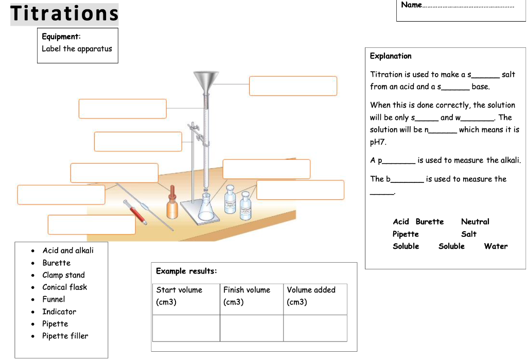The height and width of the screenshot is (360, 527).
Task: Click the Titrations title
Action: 64,14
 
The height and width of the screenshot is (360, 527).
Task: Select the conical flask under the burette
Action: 206,207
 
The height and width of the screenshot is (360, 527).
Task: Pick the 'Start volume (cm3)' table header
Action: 179,296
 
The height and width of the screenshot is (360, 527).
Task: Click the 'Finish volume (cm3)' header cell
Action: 247,296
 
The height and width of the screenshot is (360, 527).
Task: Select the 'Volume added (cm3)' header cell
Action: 311,296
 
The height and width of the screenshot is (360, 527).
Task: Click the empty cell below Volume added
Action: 315,328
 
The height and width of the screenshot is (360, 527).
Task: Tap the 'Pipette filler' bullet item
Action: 65,336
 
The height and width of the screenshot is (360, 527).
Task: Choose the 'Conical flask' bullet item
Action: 64,287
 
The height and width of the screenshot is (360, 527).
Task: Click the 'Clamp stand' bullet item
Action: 63,275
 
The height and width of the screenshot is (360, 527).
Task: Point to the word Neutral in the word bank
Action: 475,221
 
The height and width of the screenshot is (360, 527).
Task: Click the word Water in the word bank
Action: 496,246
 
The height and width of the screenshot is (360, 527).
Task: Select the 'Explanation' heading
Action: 391,56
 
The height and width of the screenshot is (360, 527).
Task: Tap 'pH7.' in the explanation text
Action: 378,142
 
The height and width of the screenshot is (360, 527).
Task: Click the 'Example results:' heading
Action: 186,271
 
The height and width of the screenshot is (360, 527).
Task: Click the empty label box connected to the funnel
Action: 293,86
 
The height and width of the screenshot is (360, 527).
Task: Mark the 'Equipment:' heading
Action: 61,37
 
